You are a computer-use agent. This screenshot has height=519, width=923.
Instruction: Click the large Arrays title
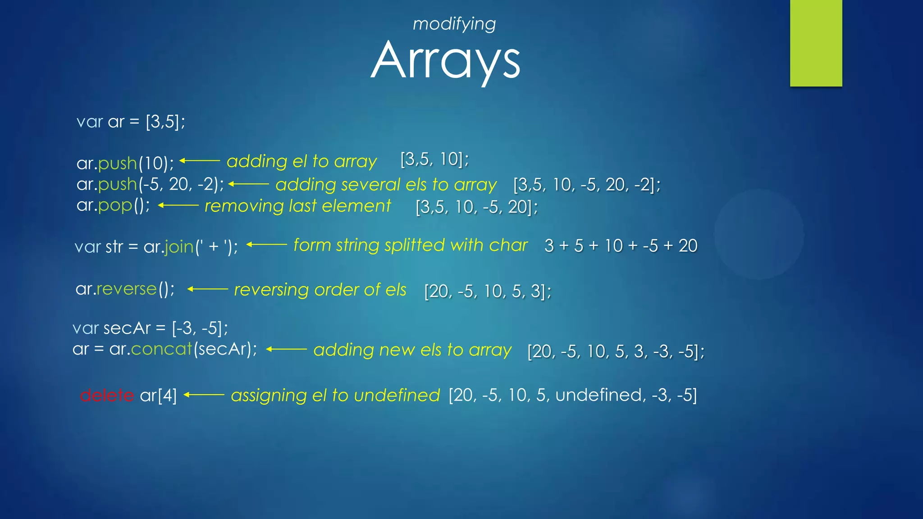tap(445, 60)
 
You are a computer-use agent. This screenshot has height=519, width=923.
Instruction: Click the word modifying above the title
tap(454, 24)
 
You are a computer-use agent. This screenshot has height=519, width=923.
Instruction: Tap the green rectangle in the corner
tap(816, 43)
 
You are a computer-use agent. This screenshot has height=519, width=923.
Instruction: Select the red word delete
tap(107, 396)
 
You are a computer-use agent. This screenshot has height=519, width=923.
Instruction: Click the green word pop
tap(115, 205)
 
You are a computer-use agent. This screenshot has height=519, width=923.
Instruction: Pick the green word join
tap(179, 247)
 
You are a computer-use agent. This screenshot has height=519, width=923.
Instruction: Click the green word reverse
tap(127, 289)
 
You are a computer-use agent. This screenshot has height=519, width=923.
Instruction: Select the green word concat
tap(161, 349)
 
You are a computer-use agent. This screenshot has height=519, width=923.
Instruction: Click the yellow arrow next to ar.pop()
tap(178, 205)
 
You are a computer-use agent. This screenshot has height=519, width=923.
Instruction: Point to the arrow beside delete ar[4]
tap(204, 395)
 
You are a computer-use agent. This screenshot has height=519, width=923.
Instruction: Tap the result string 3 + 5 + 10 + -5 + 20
tap(621, 246)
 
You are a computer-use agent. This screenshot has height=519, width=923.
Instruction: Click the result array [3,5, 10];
tap(434, 159)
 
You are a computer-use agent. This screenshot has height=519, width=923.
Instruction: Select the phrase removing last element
tap(298, 206)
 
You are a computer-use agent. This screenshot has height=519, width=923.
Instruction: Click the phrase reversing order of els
tap(320, 290)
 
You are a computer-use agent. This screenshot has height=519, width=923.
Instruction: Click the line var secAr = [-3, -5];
tap(150, 328)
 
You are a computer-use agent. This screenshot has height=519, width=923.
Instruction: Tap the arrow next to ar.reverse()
tap(208, 289)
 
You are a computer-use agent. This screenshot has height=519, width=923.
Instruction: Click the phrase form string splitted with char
tap(410, 245)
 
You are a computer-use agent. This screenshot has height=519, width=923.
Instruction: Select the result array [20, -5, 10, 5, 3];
tap(488, 291)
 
